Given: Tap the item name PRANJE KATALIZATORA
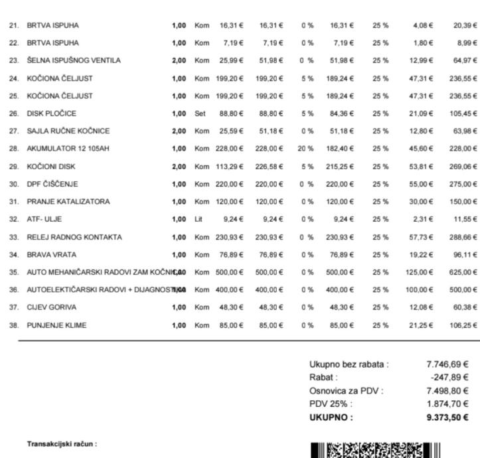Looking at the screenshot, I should [68, 201].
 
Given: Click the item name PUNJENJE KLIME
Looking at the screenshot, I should [57, 325].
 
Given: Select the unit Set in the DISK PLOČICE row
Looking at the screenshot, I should [200, 114].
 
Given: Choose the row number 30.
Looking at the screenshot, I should [13, 184].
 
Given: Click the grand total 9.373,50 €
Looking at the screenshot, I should [447, 418].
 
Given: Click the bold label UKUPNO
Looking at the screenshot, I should [331, 418].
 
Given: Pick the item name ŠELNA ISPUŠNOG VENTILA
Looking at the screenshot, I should [74, 60].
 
